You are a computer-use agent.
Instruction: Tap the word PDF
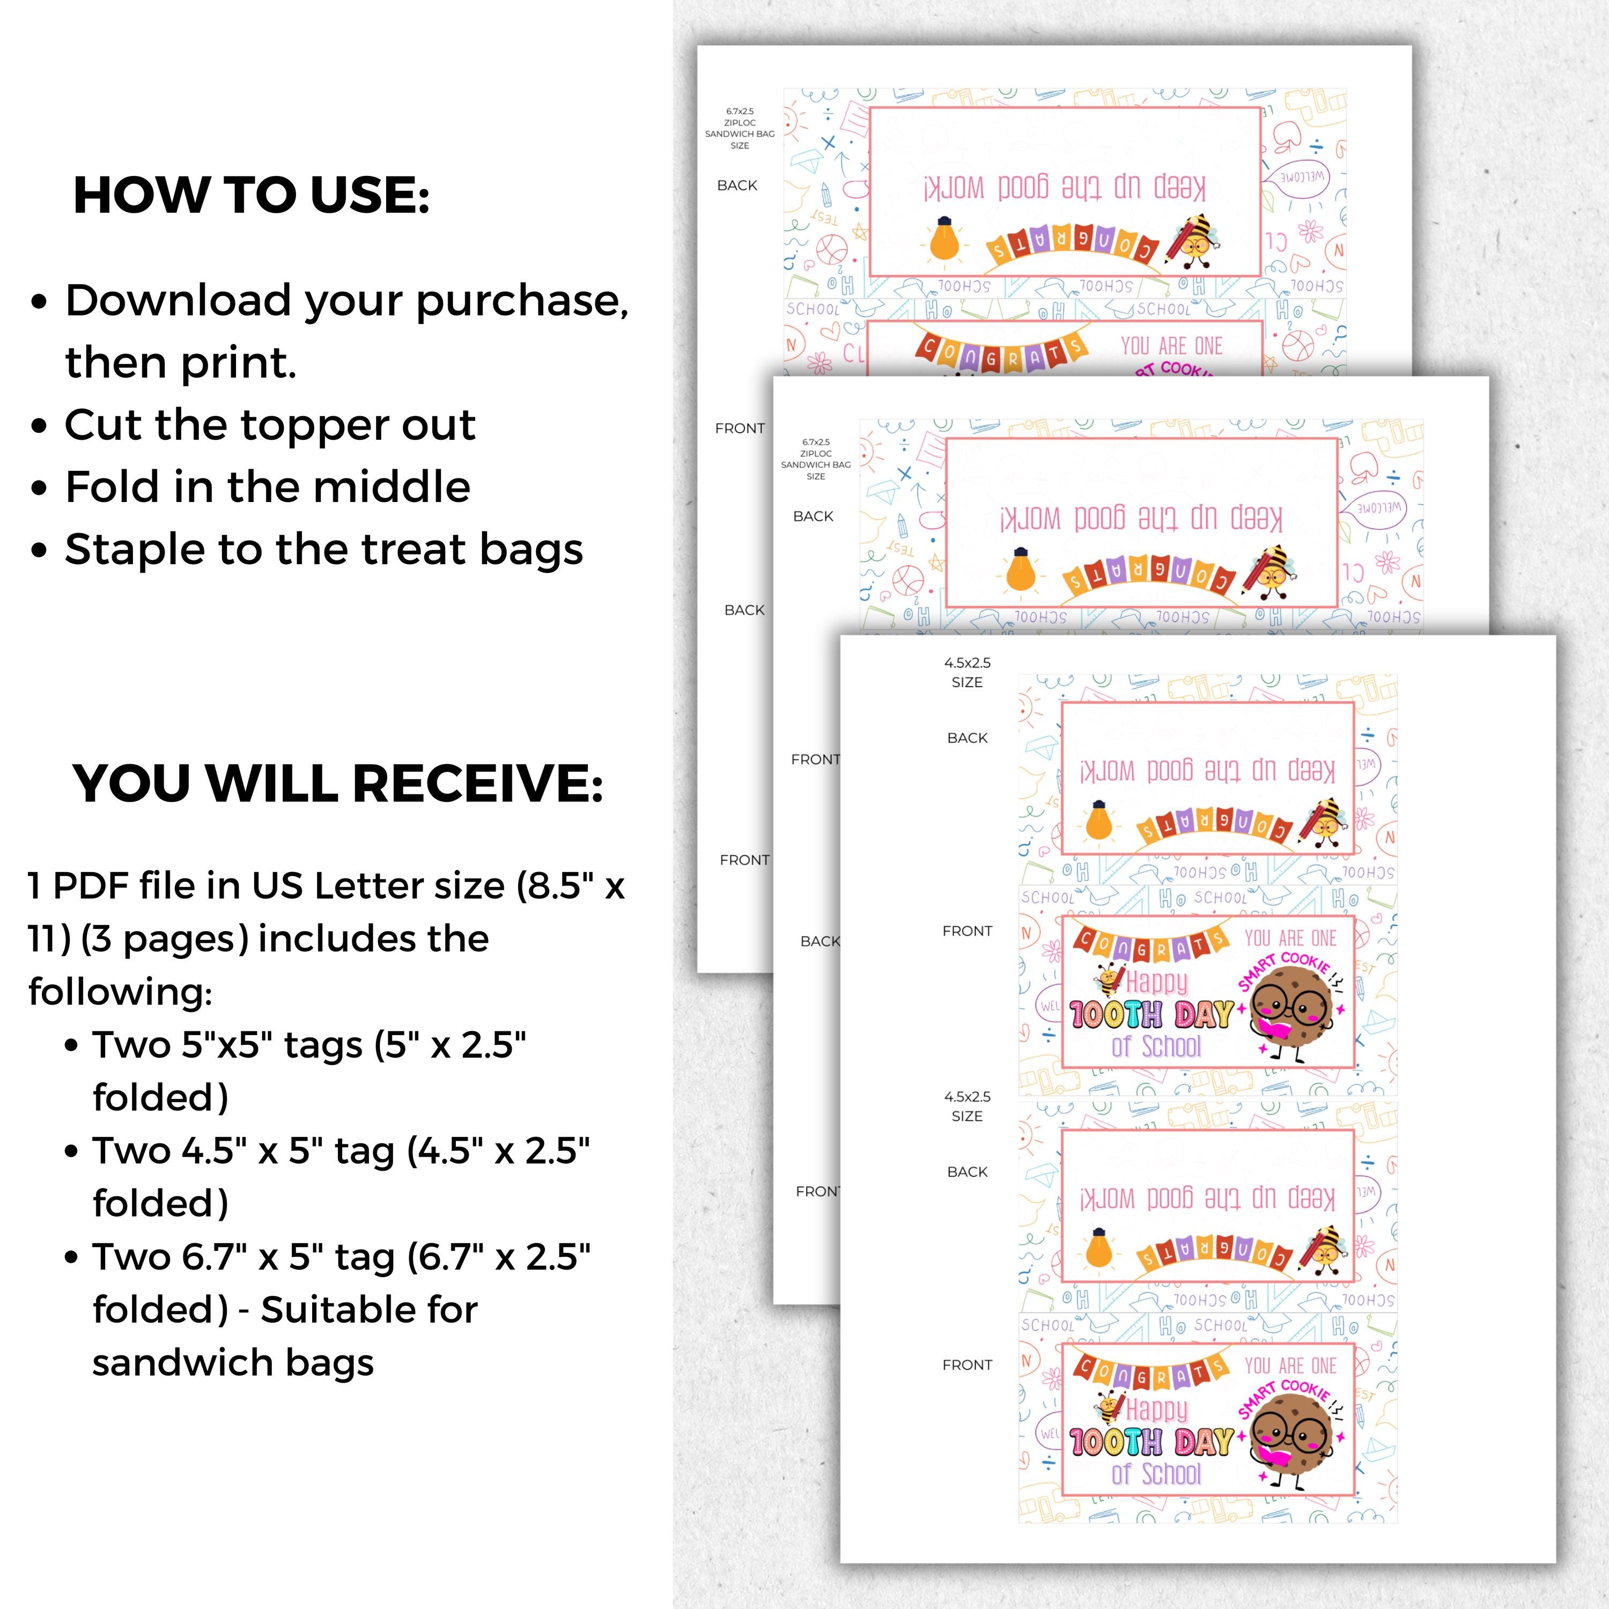point(91,885)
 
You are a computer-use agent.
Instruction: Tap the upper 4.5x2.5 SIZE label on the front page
point(967,672)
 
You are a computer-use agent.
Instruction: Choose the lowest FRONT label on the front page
point(967,1365)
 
